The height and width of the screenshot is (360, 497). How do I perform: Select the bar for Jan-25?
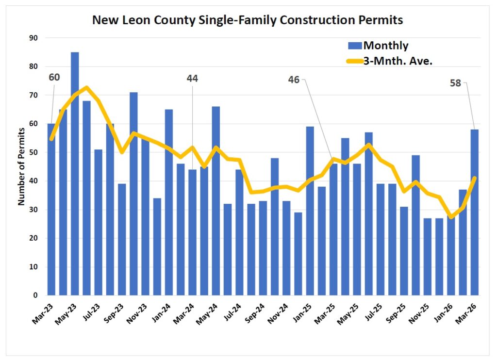310,211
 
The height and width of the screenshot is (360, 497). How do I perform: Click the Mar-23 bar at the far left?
51,209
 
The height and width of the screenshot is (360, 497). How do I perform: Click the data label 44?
193,78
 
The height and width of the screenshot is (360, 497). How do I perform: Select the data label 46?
294,80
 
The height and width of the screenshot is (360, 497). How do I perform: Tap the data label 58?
456,83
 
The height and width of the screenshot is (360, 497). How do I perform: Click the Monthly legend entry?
385,46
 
